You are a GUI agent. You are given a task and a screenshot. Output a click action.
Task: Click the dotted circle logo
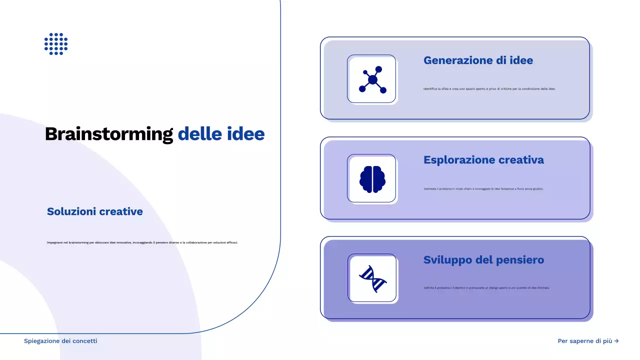[56, 44]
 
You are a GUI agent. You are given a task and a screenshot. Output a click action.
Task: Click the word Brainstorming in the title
[108, 134]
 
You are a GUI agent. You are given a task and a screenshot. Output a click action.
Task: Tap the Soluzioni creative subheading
[95, 211]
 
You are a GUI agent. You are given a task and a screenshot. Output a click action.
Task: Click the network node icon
[372, 79]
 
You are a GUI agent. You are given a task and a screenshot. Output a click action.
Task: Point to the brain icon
[372, 179]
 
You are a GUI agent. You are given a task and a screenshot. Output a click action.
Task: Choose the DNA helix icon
[372, 278]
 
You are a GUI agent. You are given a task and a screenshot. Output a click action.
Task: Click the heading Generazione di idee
[478, 60]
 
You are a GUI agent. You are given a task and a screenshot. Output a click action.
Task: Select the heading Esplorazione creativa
[483, 160]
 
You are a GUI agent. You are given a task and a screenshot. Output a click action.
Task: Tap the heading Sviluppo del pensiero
[483, 260]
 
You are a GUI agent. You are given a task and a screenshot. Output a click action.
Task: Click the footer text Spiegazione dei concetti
[60, 341]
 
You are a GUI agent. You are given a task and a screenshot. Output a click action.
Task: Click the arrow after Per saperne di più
[616, 341]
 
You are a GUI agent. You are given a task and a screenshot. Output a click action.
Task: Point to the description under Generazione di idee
[489, 89]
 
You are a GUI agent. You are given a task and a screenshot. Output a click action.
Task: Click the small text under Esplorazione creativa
[483, 189]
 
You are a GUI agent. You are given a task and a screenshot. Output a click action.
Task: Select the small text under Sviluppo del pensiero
[486, 288]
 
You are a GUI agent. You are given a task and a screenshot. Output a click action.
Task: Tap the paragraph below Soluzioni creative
[142, 242]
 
